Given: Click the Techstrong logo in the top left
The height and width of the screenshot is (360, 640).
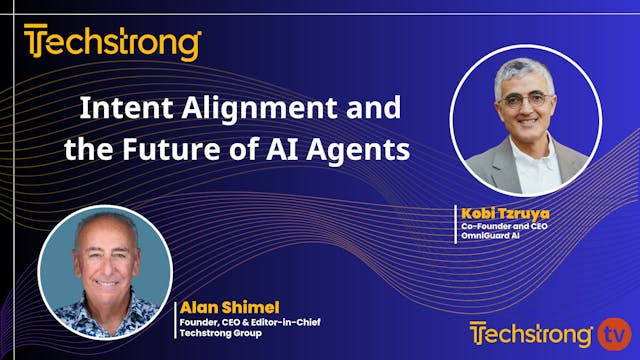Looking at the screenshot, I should (112, 44).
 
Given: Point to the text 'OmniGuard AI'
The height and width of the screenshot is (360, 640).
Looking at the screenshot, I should (492, 238).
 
